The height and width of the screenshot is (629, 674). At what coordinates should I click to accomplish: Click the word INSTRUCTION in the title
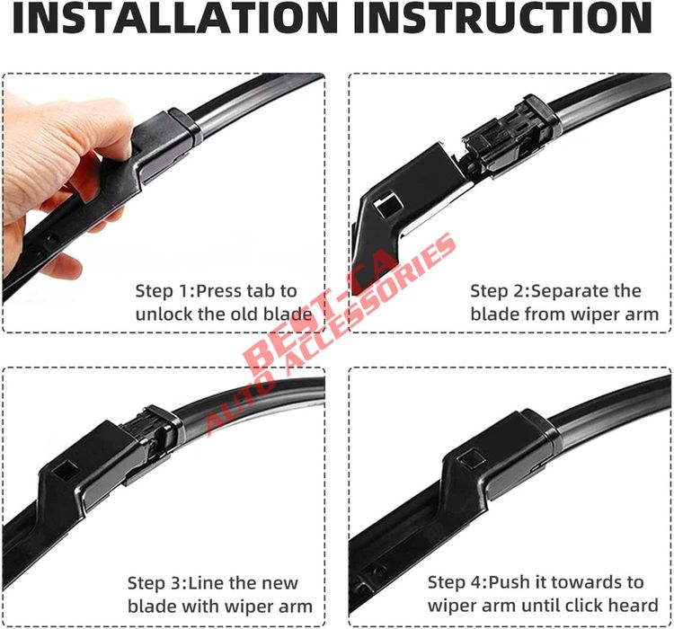pos(502,20)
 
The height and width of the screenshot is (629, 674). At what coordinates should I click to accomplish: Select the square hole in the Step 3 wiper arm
pos(65,468)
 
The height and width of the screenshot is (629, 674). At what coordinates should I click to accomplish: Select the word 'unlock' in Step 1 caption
pos(164,314)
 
